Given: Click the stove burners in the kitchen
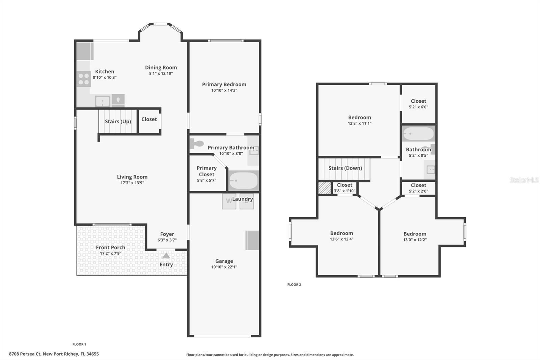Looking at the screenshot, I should click(x=83, y=79).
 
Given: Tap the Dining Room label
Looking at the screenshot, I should click(x=161, y=68).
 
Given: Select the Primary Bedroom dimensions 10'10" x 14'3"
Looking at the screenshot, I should click(x=224, y=91).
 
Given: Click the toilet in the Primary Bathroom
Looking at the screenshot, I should click(x=196, y=144).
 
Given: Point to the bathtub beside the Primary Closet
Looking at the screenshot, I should click(x=243, y=181).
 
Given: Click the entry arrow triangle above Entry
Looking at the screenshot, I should click(x=166, y=256).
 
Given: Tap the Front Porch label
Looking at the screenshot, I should click(x=110, y=248).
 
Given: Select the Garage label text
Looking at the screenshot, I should click(x=224, y=261).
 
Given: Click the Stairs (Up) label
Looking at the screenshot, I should click(x=118, y=122).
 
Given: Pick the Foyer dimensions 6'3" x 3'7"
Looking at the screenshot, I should click(x=167, y=240).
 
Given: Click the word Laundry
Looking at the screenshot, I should click(x=242, y=199).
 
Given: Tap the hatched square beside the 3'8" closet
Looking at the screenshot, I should click(x=325, y=188).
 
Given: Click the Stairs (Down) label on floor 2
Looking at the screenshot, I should click(x=345, y=168).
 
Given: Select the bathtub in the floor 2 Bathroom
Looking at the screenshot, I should click(x=418, y=134).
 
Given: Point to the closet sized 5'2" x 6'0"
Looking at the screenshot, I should click(x=418, y=104).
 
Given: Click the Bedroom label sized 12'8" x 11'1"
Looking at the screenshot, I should click(x=359, y=118).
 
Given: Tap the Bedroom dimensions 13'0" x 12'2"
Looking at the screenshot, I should click(x=415, y=240).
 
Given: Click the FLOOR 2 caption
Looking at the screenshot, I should click(x=294, y=285).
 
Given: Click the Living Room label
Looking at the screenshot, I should click(x=132, y=177).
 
